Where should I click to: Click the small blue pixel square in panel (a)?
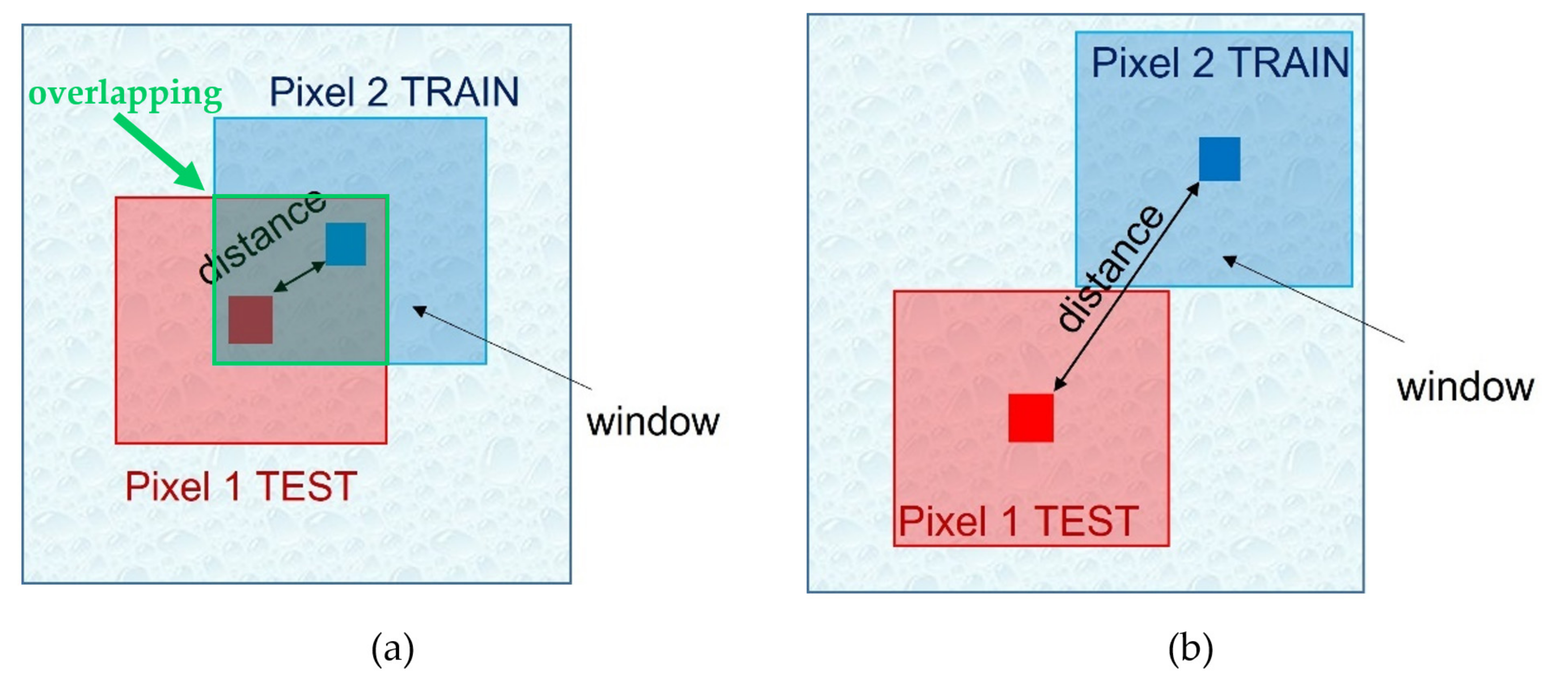click(x=346, y=244)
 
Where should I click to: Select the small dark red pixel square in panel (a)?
click(x=250, y=320)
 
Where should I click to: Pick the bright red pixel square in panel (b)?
click(x=1031, y=417)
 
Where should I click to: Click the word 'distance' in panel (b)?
click(x=1111, y=268)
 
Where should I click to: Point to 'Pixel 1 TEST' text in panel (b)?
click(x=1018, y=521)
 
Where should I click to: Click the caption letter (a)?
click(x=392, y=649)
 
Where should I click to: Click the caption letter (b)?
click(x=1190, y=649)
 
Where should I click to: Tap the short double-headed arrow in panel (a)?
click(x=299, y=277)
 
